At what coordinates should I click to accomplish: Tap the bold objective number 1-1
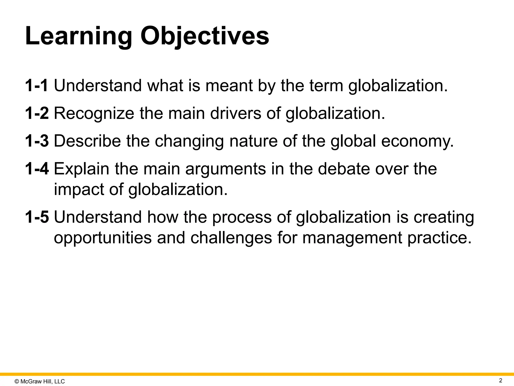click(x=37, y=85)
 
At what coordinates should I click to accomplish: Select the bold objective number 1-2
click(x=37, y=113)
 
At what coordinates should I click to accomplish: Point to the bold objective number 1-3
click(x=37, y=141)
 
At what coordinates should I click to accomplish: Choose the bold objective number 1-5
click(x=37, y=217)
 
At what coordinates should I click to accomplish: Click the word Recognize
click(x=94, y=114)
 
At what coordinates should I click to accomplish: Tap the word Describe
click(x=87, y=141)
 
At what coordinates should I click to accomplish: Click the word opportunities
click(x=103, y=238)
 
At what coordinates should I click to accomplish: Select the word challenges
click(x=231, y=238)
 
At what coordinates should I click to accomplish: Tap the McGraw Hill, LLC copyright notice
click(x=40, y=381)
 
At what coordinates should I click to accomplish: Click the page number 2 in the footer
click(x=500, y=380)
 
